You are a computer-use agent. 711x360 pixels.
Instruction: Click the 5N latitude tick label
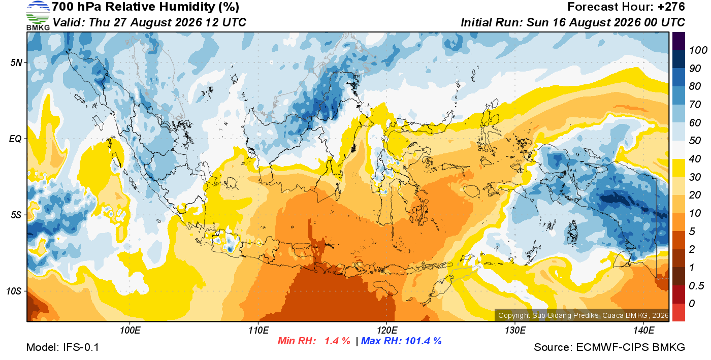[16, 62]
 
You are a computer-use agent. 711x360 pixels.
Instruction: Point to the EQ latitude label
[15, 139]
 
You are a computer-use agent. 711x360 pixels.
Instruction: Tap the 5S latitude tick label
[16, 215]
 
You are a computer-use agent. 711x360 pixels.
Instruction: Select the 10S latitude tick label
[14, 291]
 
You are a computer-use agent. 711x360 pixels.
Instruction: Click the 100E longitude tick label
[130, 331]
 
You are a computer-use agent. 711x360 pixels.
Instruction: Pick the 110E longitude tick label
[258, 331]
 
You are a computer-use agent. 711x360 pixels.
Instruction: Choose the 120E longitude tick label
[387, 331]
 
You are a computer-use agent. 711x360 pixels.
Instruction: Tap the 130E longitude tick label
[515, 331]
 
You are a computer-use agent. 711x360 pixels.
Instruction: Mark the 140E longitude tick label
[644, 331]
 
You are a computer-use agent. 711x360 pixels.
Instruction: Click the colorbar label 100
[698, 50]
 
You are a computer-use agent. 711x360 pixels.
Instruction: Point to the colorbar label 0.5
[696, 286]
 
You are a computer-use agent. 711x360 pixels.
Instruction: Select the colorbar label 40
[695, 159]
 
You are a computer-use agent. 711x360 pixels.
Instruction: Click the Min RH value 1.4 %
[337, 341]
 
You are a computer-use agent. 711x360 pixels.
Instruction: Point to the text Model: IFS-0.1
[62, 347]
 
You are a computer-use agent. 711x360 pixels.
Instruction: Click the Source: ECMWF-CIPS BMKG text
[609, 347]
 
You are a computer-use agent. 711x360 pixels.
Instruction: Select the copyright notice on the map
[583, 315]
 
